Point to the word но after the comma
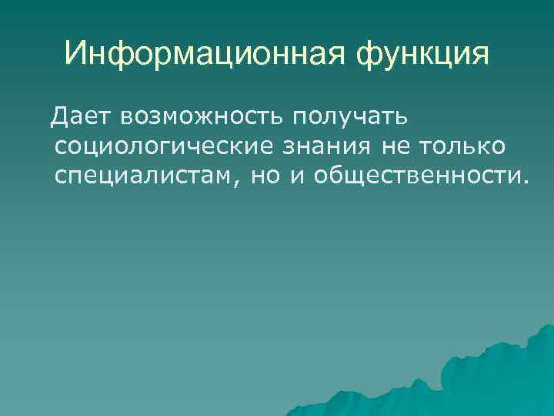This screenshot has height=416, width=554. tap(265, 176)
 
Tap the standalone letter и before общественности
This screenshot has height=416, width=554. tap(297, 176)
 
